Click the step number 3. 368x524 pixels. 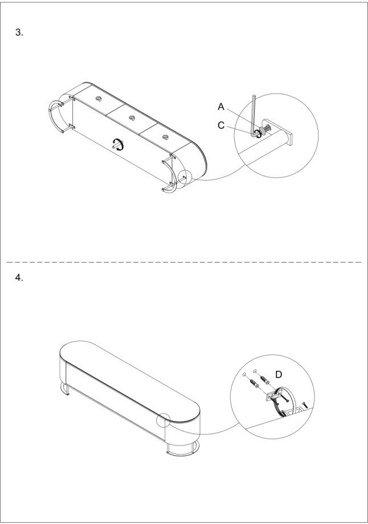tap(19, 32)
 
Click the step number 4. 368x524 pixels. tap(19, 278)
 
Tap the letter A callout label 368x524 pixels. tap(221, 107)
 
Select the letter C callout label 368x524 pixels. tap(221, 125)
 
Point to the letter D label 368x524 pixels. tap(279, 375)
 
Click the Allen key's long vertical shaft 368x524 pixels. tap(253, 113)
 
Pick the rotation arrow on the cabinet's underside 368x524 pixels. tap(118, 145)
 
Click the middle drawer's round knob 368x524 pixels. tap(132, 118)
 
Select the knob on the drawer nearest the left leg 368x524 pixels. tap(99, 99)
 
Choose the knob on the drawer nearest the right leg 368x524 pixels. tap(165, 137)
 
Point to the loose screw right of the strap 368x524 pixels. tap(304, 406)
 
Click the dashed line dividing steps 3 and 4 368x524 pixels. tap(184, 263)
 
